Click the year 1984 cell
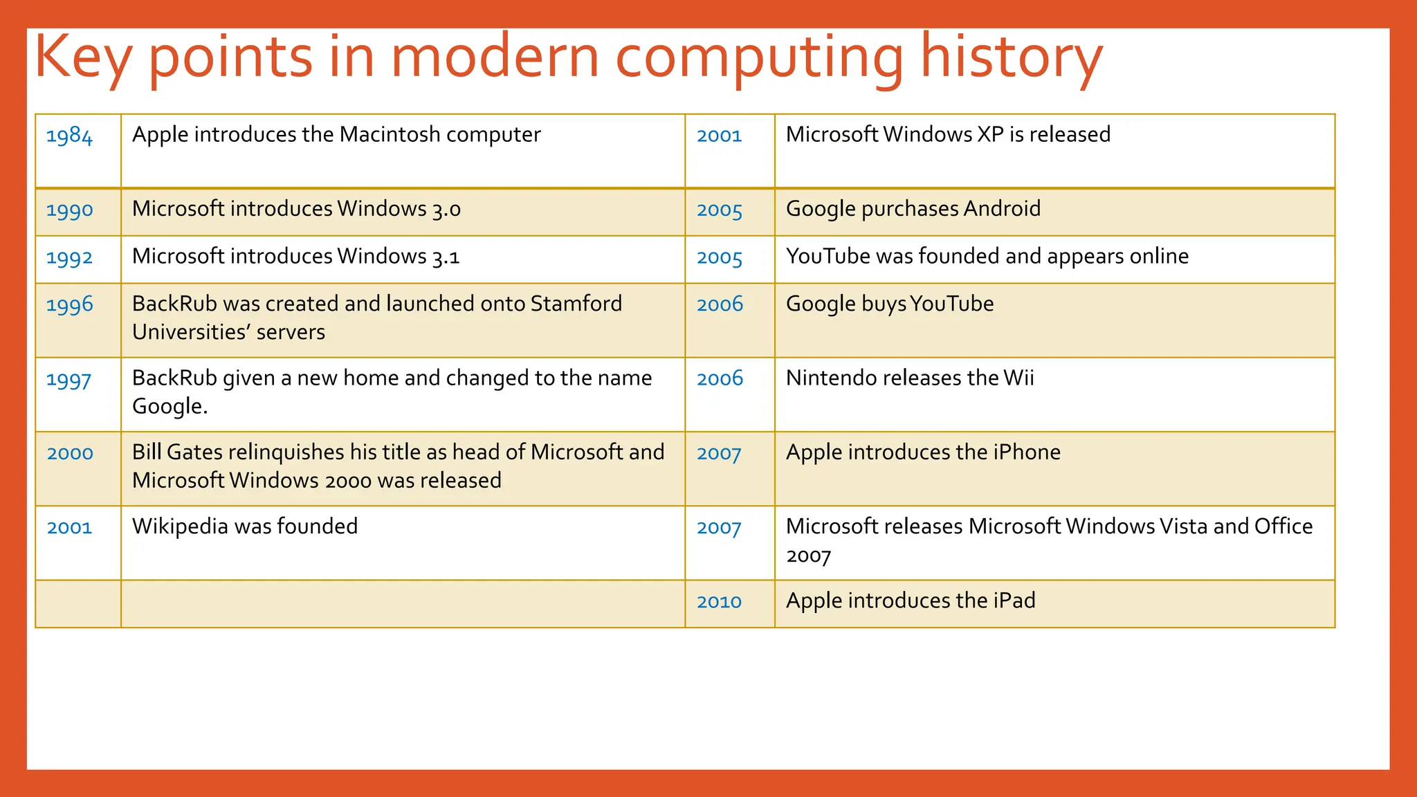click(x=69, y=136)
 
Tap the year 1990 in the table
click(x=69, y=210)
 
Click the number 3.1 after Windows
click(x=446, y=257)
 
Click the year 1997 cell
click(x=68, y=380)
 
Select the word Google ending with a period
click(x=170, y=407)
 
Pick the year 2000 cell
click(x=69, y=454)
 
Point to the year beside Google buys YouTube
click(x=720, y=304)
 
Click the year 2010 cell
click(x=719, y=602)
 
